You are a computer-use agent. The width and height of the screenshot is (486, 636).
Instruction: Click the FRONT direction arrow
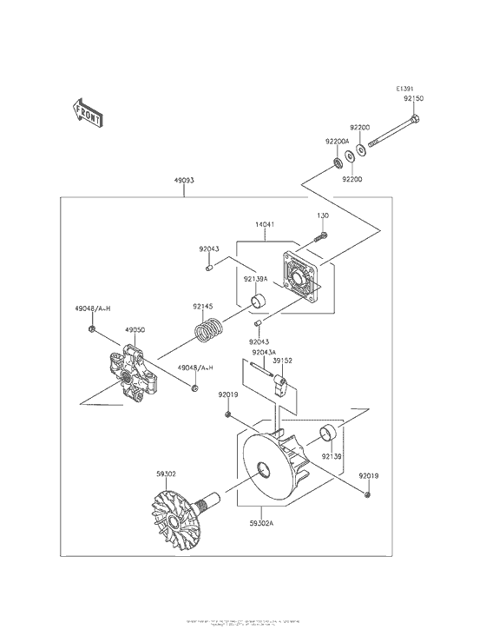click(88, 111)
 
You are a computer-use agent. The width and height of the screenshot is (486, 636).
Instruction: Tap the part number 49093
click(183, 181)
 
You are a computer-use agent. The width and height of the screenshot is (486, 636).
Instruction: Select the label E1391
click(405, 89)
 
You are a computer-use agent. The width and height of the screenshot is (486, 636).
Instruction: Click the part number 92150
click(413, 99)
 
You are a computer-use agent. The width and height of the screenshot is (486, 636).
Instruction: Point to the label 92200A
click(337, 141)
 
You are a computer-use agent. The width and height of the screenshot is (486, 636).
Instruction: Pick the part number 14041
click(266, 224)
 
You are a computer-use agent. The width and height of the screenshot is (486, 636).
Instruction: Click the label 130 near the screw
click(323, 215)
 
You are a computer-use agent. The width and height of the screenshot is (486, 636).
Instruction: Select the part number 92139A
click(255, 279)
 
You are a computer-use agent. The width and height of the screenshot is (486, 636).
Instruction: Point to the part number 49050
click(135, 330)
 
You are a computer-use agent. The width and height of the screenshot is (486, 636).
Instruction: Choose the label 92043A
click(265, 352)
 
